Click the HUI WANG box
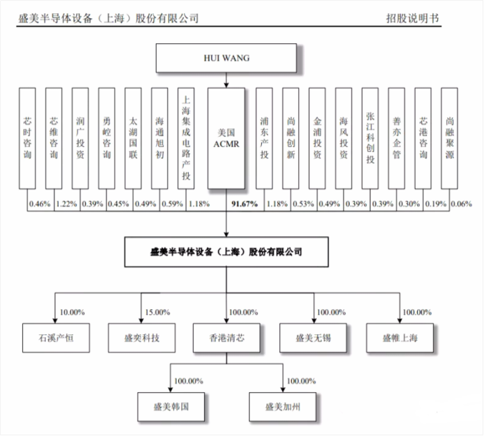226,59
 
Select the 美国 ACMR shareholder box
226,138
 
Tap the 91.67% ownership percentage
244,203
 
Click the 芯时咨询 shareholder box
27,138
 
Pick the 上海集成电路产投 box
185,138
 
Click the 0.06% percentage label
461,203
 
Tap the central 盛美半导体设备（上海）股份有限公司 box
226,252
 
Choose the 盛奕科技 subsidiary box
140,338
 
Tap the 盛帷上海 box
399,338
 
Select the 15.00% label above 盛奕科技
157,312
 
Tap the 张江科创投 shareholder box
370,138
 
